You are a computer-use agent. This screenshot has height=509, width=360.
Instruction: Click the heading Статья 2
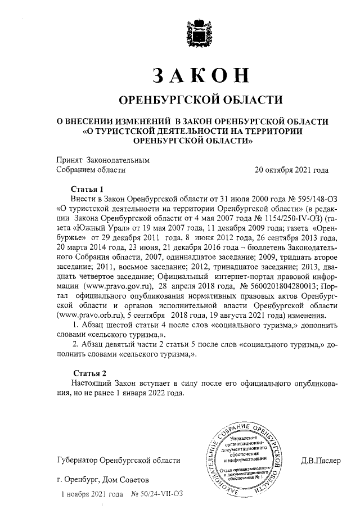coord(90,373)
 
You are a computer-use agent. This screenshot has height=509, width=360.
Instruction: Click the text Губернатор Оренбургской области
coord(119,461)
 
